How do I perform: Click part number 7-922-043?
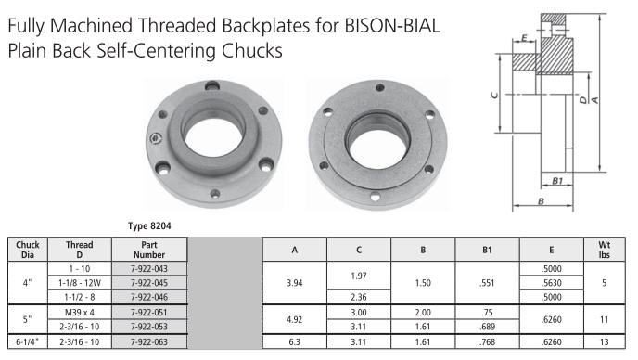click(x=149, y=269)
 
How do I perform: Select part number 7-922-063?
click(x=149, y=342)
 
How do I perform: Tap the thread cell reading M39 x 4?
click(x=80, y=313)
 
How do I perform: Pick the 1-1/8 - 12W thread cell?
click(x=80, y=283)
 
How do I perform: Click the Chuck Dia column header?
click(x=28, y=250)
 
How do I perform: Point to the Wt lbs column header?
click(x=605, y=250)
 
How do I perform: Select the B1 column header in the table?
click(x=487, y=250)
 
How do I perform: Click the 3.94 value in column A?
click(x=294, y=283)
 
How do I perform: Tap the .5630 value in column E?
click(x=552, y=283)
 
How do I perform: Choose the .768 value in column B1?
click(x=487, y=342)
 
